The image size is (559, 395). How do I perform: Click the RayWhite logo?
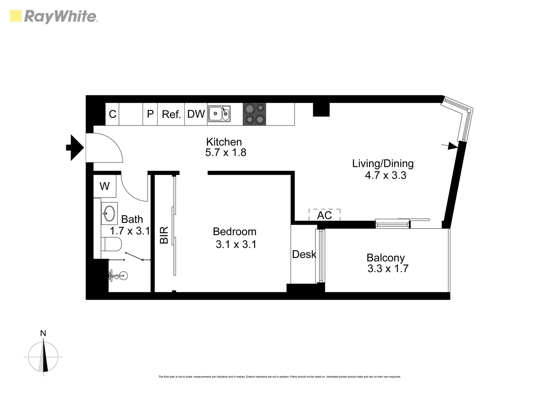[x=54, y=16]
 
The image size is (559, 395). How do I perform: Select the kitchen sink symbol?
[x=219, y=114]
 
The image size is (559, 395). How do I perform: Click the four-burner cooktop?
[x=255, y=114]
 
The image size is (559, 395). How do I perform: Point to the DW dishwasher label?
[x=196, y=114]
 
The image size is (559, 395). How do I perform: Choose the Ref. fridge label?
[x=171, y=114]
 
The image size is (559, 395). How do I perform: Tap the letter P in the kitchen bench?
[x=150, y=114]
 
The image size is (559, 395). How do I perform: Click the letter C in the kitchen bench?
[x=113, y=114]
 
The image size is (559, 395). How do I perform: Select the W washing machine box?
[x=105, y=186]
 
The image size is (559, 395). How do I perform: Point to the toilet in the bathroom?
[x=111, y=244]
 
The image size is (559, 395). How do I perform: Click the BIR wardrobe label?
[x=164, y=235]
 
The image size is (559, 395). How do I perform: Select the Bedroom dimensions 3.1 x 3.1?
[x=236, y=244]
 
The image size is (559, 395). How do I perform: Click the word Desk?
[x=304, y=254]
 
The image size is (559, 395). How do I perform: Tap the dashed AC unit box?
[x=324, y=215]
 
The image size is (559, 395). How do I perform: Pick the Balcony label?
[x=386, y=258]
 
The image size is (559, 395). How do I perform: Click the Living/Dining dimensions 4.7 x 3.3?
[x=386, y=176]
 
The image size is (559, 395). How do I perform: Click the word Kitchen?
[x=224, y=142]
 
